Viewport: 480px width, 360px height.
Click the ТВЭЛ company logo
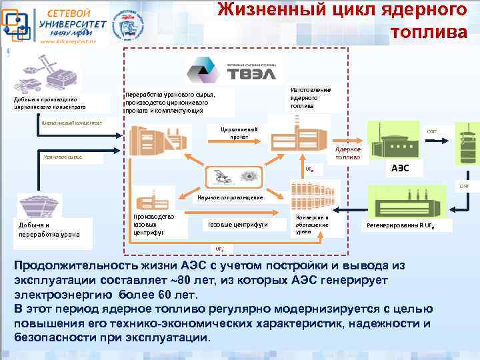click(230, 69)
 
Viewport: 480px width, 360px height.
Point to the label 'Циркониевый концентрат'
click(72, 123)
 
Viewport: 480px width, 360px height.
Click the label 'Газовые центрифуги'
click(238, 225)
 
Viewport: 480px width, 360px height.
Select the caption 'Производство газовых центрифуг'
click(153, 225)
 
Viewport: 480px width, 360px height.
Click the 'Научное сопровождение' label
click(229, 197)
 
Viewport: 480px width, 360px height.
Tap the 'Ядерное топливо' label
click(348, 153)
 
